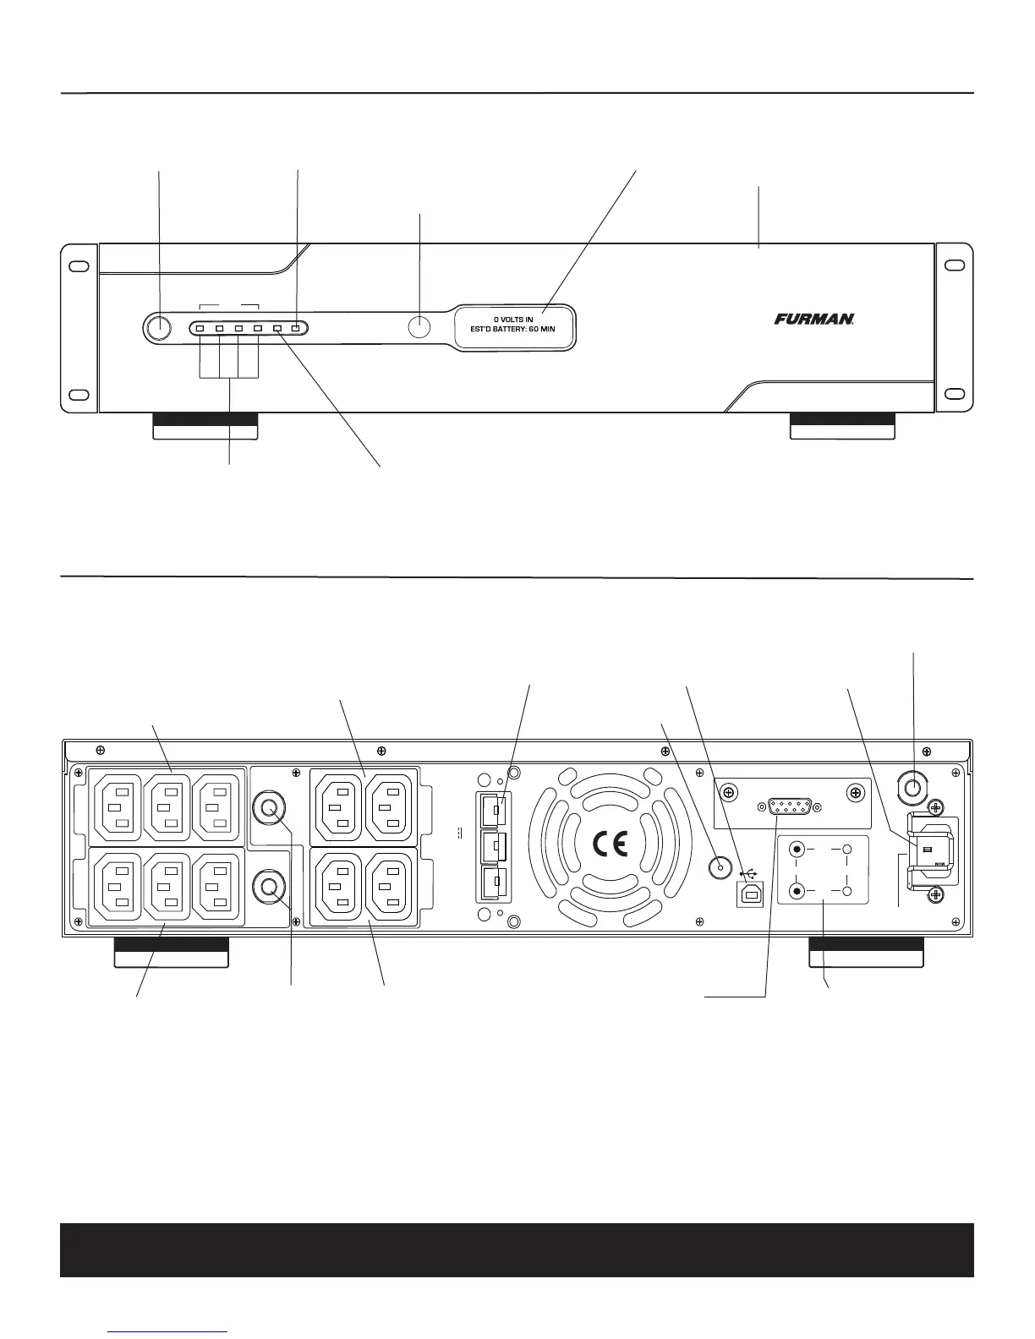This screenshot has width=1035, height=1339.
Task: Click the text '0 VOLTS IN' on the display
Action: click(x=513, y=320)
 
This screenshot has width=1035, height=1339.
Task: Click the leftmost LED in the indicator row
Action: click(x=200, y=328)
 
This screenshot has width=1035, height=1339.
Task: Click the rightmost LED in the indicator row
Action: click(x=296, y=328)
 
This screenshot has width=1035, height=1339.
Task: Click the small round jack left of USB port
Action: click(x=720, y=866)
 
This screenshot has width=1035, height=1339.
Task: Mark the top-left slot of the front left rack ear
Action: click(x=78, y=265)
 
